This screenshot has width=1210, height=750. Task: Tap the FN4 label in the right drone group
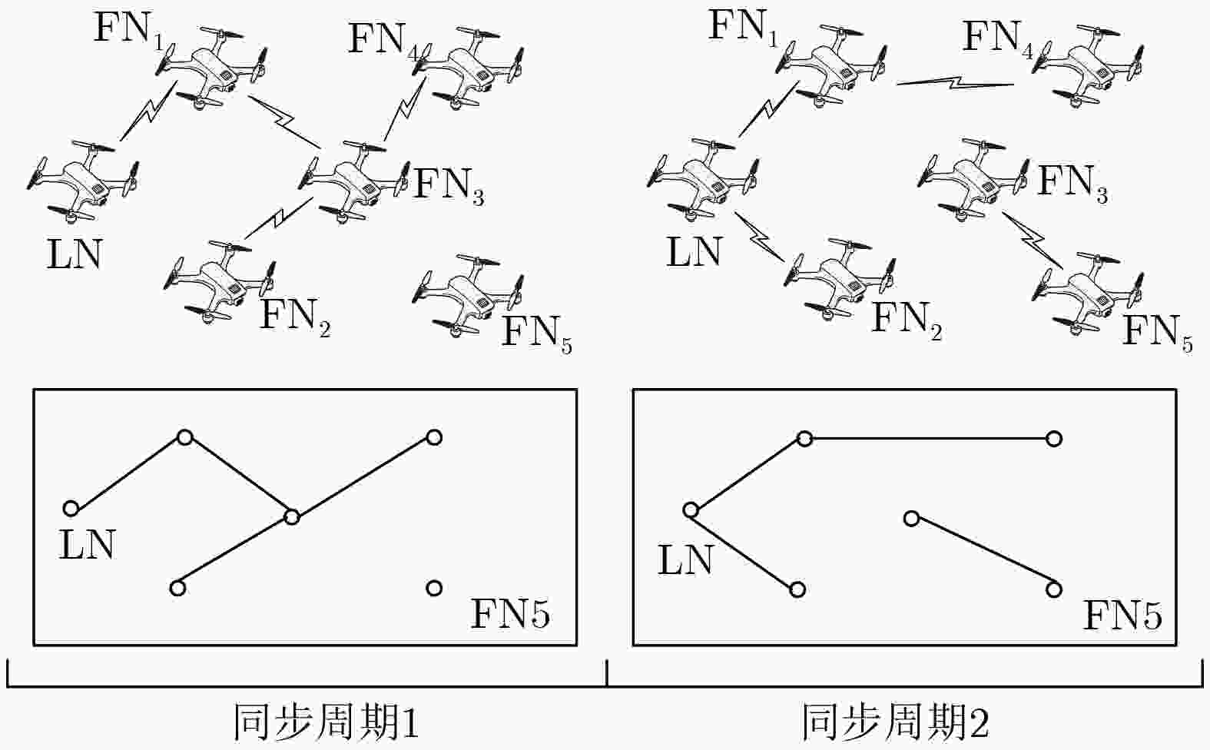pyautogui.click(x=997, y=39)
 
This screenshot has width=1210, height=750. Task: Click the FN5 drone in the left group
pyautogui.click(x=468, y=296)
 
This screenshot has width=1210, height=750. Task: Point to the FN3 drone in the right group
pyautogui.click(x=973, y=179)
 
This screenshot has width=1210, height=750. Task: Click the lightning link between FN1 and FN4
pyautogui.click(x=956, y=83)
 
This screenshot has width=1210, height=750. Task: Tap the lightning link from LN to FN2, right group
pyautogui.click(x=759, y=237)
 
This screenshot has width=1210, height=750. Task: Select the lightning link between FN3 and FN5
pyautogui.click(x=1033, y=240)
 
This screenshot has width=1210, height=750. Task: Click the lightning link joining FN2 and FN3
pyautogui.click(x=279, y=217)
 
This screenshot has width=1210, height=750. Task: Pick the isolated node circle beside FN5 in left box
pyautogui.click(x=434, y=588)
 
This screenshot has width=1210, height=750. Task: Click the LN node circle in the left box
pyautogui.click(x=71, y=509)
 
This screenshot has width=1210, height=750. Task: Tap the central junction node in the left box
pyautogui.click(x=292, y=517)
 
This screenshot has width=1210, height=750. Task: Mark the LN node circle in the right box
pyautogui.click(x=691, y=510)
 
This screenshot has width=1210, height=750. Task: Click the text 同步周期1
pyautogui.click(x=327, y=722)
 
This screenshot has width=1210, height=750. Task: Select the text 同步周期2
pyautogui.click(x=896, y=722)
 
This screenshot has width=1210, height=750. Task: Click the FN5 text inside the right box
pyautogui.click(x=1122, y=616)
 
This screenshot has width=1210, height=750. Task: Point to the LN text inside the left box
pyautogui.click(x=87, y=545)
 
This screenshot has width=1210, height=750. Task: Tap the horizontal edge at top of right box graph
pyautogui.click(x=929, y=439)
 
